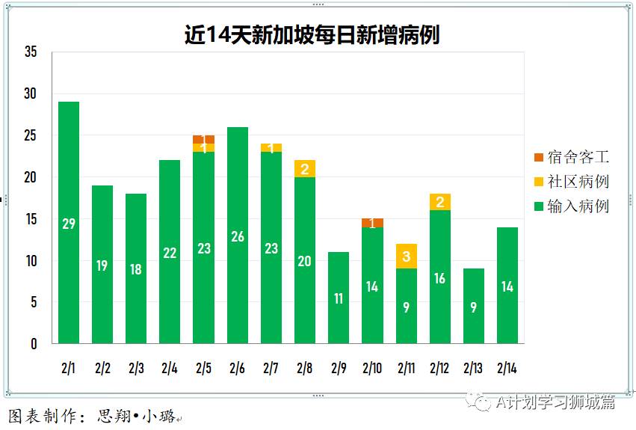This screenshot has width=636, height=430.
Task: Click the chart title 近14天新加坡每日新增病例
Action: (312, 35)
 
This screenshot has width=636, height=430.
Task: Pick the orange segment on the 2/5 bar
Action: (204, 139)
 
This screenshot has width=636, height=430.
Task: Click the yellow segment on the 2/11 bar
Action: (407, 257)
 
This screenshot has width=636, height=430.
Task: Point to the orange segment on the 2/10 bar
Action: (372, 223)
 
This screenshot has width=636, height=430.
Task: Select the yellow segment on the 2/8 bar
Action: (305, 169)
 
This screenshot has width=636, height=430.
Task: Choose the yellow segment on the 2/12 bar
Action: (440, 202)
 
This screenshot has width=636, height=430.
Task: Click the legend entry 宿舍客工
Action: (571, 157)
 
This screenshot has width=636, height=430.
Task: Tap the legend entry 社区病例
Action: (571, 182)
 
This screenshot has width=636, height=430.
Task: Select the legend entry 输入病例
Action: (571, 206)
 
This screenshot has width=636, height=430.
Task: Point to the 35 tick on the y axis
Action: (31, 52)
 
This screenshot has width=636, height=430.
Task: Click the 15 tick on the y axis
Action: (31, 219)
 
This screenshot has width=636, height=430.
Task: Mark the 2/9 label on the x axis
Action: (339, 368)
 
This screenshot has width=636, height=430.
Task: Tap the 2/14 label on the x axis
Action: (507, 368)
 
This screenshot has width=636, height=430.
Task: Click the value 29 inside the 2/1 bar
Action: (69, 224)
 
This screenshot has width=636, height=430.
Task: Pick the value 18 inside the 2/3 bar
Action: (136, 269)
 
